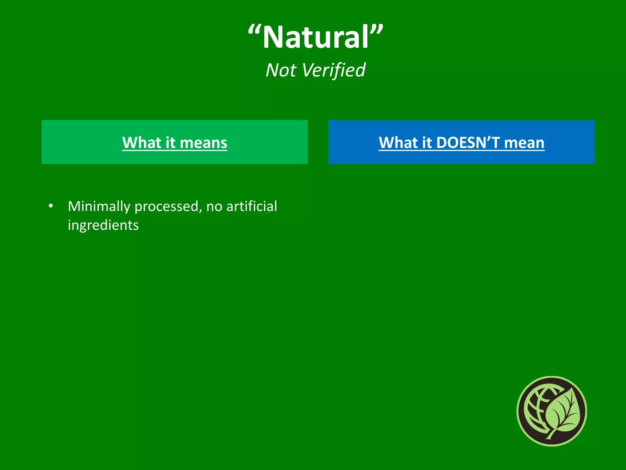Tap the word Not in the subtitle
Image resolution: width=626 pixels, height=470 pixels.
[x=281, y=70]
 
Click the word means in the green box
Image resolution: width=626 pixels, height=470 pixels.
[x=203, y=143]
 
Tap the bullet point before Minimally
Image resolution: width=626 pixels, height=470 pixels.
[x=51, y=206]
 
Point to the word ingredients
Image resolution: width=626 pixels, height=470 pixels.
[x=103, y=225]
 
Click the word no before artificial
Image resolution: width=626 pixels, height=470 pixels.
[x=214, y=207]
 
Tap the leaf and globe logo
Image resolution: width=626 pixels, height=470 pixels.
[x=552, y=411]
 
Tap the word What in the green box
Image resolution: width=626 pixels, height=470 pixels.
[x=142, y=143]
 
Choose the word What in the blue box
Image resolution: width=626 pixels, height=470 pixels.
[x=398, y=143]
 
